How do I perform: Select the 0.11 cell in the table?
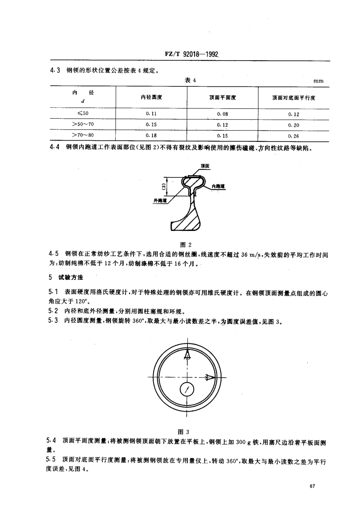point(151,114)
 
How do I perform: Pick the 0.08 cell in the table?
point(222,114)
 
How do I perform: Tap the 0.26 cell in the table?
point(293,136)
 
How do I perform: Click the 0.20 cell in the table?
point(293,125)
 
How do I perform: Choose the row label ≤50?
point(83,113)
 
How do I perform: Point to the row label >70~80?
point(83,135)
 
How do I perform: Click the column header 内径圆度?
point(151,97)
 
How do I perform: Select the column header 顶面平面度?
point(222,98)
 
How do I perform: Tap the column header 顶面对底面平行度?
point(294,98)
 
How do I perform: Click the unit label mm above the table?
point(318,81)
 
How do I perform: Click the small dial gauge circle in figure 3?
point(187,389)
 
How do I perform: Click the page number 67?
point(313,486)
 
